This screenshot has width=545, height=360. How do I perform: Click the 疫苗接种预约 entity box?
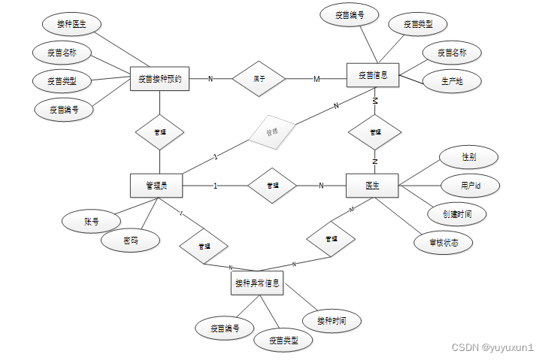pyautogui.click(x=159, y=78)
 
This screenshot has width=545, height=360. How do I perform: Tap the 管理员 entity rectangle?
pyautogui.click(x=157, y=186)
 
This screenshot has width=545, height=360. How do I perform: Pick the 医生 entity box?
pyautogui.click(x=371, y=186)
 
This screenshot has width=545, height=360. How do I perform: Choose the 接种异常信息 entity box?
pyautogui.click(x=257, y=283)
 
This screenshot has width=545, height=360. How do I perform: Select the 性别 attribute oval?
pyautogui.click(x=468, y=158)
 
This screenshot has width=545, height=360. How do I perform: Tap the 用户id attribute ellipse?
pyautogui.click(x=471, y=185)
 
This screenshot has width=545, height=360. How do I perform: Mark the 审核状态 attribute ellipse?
pyautogui.click(x=444, y=242)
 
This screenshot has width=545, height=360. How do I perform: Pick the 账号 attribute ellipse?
pyautogui.click(x=92, y=222)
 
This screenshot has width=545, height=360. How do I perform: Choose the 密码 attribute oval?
pyautogui.click(x=131, y=241)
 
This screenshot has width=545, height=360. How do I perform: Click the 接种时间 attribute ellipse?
pyautogui.click(x=332, y=320)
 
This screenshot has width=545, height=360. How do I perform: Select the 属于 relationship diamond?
pyautogui.click(x=259, y=78)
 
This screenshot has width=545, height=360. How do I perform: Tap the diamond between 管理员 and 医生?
pyautogui.click(x=272, y=186)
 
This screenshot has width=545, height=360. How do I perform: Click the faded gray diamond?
pyautogui.click(x=271, y=132)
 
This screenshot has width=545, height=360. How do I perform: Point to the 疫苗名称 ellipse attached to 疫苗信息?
pyautogui.click(x=451, y=53)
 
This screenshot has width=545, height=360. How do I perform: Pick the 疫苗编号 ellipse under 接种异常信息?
pyautogui.click(x=225, y=328)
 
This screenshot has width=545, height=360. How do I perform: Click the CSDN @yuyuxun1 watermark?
pyautogui.click(x=492, y=348)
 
